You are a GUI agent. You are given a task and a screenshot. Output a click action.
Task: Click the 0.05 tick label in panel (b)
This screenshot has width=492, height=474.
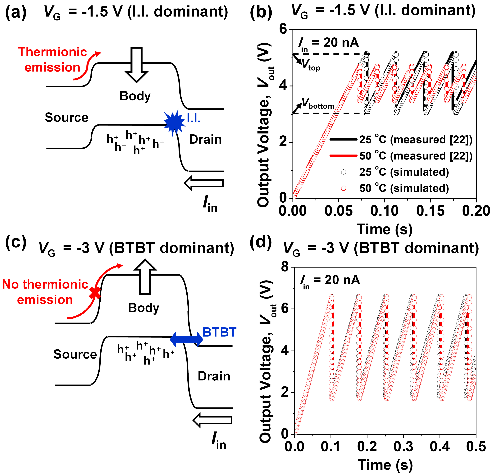click(339, 211)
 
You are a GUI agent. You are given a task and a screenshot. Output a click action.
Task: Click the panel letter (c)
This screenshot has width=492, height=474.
click(16, 243)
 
